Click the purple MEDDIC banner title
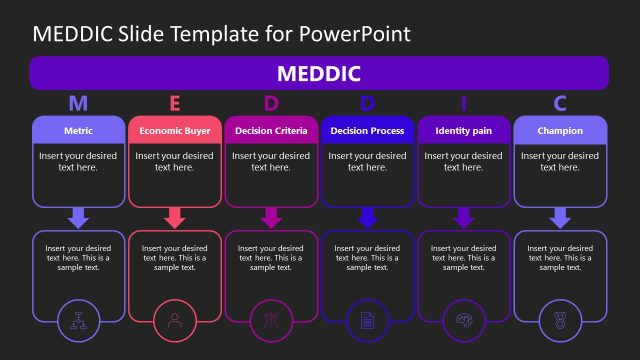tap(319, 73)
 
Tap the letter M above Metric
tap(78, 103)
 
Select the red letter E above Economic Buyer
tap(175, 103)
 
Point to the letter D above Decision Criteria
tap(271, 103)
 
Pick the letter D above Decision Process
tap(367, 103)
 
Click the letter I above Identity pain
tap(463, 103)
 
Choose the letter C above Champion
tap(560, 103)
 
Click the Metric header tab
tap(79, 130)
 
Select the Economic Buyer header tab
tap(175, 130)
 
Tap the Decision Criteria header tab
tap(271, 130)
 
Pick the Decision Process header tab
tap(367, 130)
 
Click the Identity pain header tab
tap(463, 130)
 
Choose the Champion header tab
tap(560, 130)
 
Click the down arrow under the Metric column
tap(79, 217)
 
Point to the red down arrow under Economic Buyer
tap(175, 217)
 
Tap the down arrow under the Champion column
tap(560, 217)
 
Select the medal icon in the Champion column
tap(560, 321)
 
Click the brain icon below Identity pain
tap(463, 321)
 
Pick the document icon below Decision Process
tap(367, 321)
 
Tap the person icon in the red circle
tap(175, 321)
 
